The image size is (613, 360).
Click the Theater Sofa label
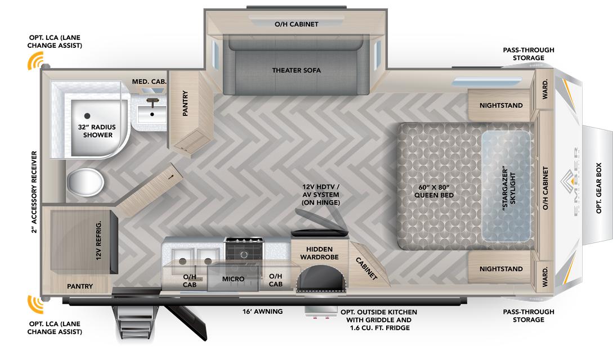pyautogui.click(x=296, y=70)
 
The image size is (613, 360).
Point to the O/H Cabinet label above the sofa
pyautogui.click(x=296, y=24)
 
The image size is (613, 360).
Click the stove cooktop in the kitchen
pyautogui.click(x=243, y=249)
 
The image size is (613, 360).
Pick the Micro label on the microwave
pyautogui.click(x=233, y=279)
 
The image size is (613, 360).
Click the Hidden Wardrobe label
pyautogui.click(x=319, y=253)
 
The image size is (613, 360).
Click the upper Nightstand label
pyautogui.click(x=501, y=105)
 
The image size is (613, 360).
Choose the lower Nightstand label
pyautogui.click(x=501, y=269)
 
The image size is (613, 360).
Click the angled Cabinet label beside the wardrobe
pyautogui.click(x=366, y=268)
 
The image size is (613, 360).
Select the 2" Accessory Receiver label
pyautogui.click(x=34, y=192)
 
